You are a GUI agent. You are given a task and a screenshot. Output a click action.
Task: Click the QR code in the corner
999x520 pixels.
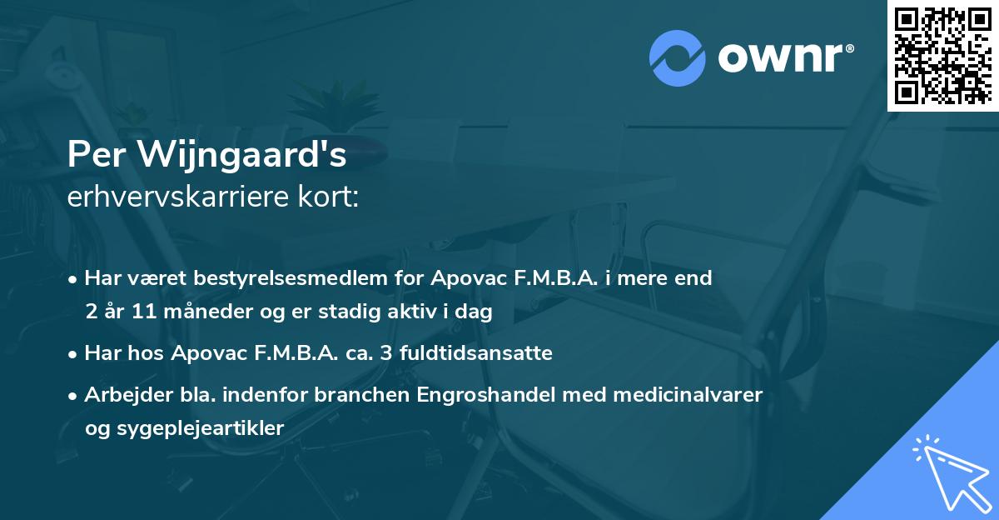pyautogui.click(x=942, y=55)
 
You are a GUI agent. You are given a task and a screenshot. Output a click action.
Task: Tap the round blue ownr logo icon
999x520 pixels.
pyautogui.click(x=677, y=58)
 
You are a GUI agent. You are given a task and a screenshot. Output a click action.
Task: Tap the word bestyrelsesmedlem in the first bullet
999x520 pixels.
pyautogui.click(x=325, y=278)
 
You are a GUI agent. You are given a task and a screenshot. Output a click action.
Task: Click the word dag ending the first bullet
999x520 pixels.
pyautogui.click(x=477, y=312)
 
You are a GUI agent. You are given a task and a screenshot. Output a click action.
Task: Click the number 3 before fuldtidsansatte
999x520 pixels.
pyautogui.click(x=387, y=353)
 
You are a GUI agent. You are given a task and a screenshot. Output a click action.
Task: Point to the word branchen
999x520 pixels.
pyautogui.click(x=355, y=394)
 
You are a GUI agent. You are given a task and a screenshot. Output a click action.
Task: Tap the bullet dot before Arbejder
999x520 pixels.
pyautogui.click(x=74, y=395)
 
